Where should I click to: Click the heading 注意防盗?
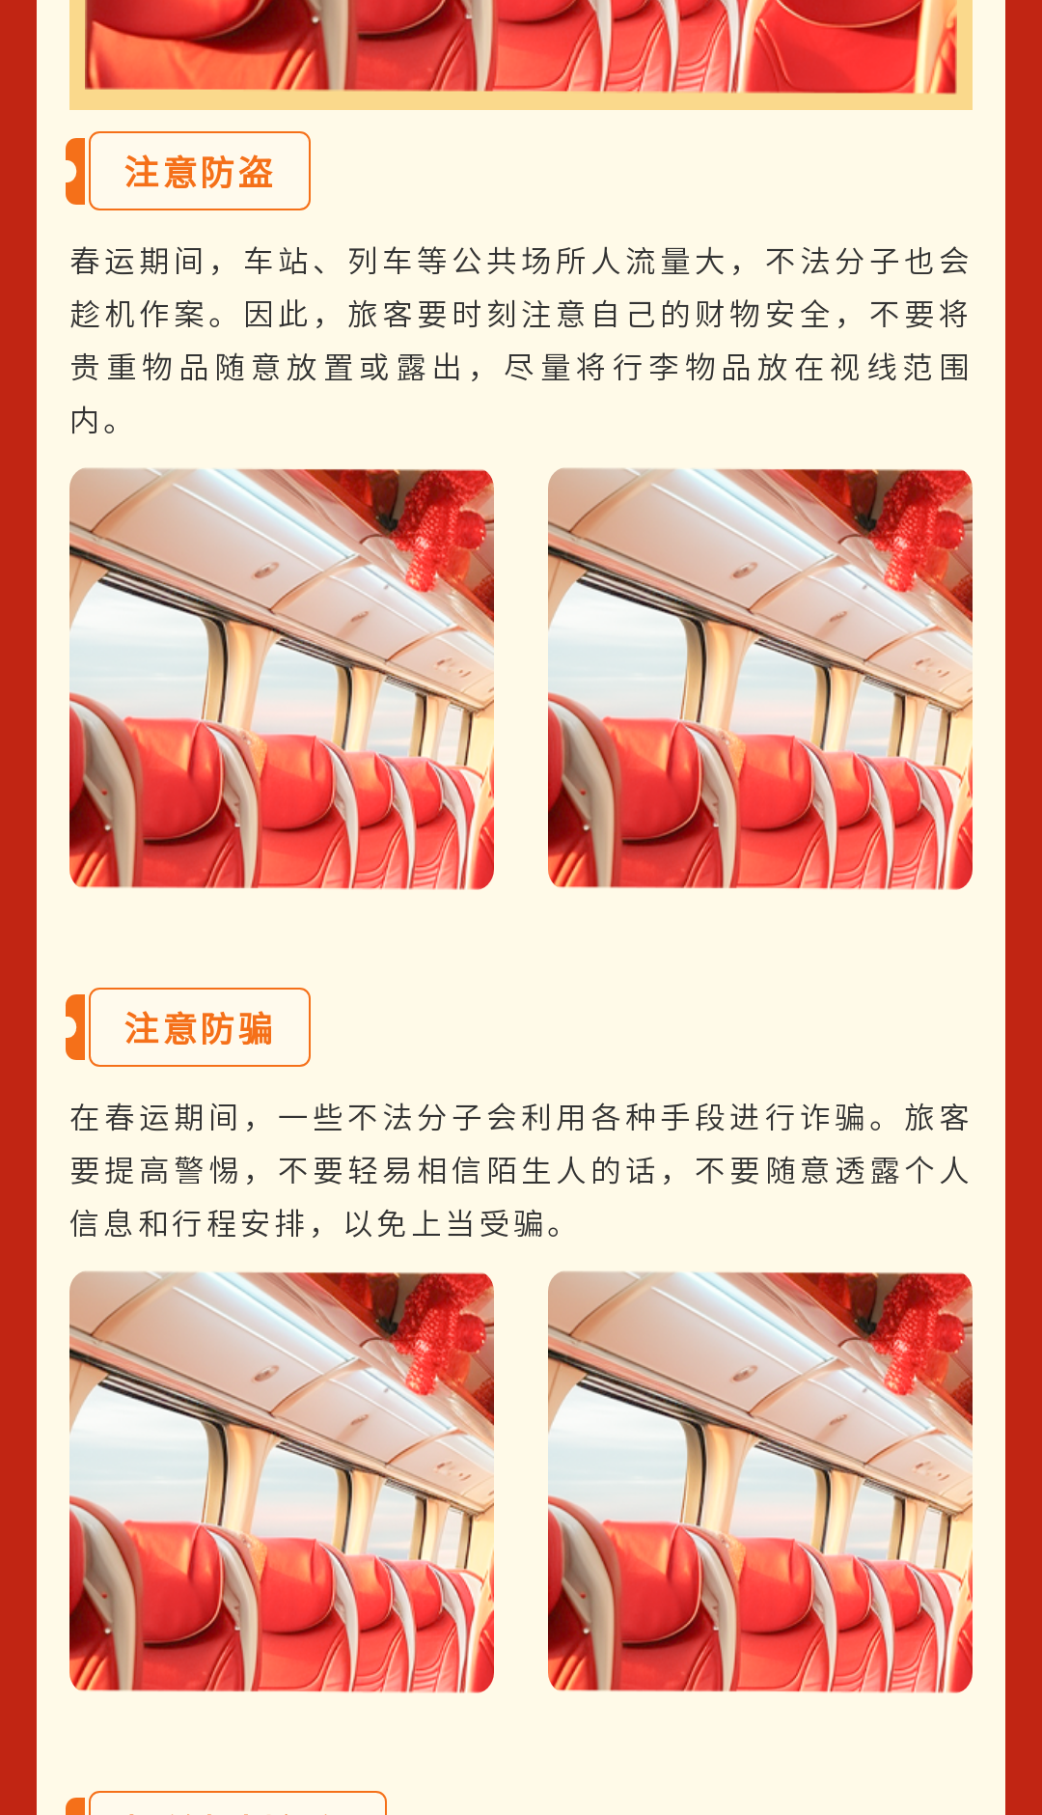[199, 172]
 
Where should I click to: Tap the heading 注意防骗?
[199, 1028]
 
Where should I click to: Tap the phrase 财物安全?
[762, 314]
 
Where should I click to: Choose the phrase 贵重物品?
[139, 367]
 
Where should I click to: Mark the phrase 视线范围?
[899, 367]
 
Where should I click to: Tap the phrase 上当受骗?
[479, 1223]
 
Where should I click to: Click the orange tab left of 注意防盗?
[76, 171]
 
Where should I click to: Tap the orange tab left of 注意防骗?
[76, 1027]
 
